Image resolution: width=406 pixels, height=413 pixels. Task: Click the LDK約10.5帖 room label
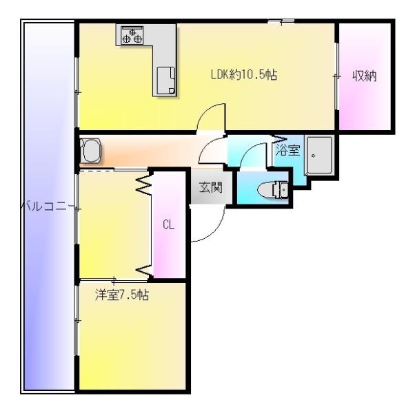tap(244, 74)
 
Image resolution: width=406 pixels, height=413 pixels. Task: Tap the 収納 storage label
tap(365, 76)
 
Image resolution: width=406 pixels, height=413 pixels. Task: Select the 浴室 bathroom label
tap(288, 150)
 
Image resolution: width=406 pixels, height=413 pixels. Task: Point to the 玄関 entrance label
tap(210, 187)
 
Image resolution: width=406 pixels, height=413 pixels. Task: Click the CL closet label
tap(168, 225)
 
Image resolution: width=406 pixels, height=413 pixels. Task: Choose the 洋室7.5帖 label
tap(122, 295)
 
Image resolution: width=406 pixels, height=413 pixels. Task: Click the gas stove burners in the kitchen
tap(132, 36)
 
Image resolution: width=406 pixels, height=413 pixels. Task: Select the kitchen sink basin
tap(166, 81)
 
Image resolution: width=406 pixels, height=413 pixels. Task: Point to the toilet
tap(272, 189)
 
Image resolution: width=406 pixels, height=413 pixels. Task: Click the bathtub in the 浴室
tap(319, 156)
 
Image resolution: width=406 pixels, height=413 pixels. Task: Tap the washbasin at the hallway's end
tap(90, 151)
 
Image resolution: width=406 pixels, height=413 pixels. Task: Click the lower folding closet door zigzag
tap(144, 271)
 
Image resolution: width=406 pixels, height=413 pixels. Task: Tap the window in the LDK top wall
tap(281, 21)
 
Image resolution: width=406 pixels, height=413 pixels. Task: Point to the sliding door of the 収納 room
tap(336, 76)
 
